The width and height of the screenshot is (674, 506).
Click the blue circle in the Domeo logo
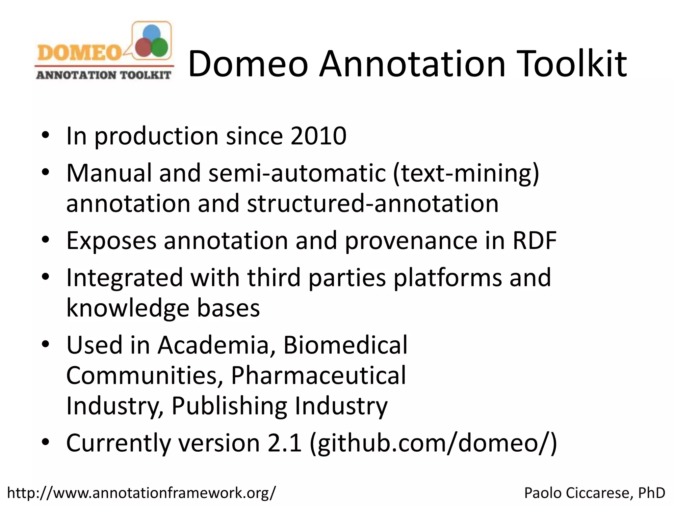pos(152,34)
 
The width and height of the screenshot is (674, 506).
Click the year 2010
pos(318,135)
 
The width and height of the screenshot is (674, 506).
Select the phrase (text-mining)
pos(466,173)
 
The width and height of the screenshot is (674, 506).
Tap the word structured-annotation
pos(373,203)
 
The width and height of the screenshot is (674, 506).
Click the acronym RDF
pos(534,240)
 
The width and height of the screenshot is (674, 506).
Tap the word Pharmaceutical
pos(318,375)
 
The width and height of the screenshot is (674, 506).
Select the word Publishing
pos(229,406)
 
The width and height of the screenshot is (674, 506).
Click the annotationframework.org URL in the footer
pos(142,493)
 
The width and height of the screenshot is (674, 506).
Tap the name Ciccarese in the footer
pos(597,493)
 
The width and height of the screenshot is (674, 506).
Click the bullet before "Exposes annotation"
pos(46,240)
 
